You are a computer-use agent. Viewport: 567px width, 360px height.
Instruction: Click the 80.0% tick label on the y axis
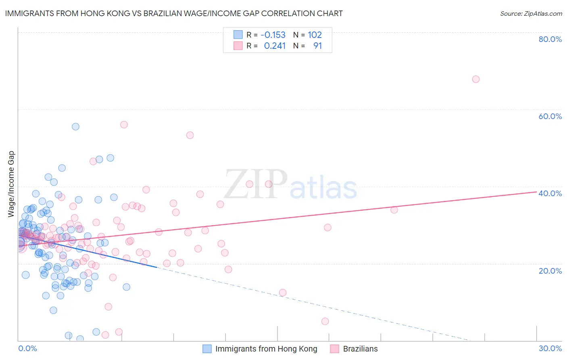pyautogui.click(x=550, y=39)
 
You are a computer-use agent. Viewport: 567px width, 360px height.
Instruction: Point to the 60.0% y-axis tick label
pyautogui.click(x=550, y=116)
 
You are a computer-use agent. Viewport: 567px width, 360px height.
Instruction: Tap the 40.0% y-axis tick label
pyautogui.click(x=550, y=193)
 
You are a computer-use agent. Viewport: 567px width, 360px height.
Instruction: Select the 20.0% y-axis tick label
pyautogui.click(x=550, y=271)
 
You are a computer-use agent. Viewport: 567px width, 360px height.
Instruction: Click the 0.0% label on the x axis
pyautogui.click(x=27, y=348)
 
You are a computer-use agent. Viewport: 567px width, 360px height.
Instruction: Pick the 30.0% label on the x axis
pyautogui.click(x=550, y=348)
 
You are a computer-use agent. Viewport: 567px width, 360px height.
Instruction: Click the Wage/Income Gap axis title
pyautogui.click(x=11, y=184)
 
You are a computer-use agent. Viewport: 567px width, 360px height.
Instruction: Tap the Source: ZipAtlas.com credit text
pyautogui.click(x=531, y=14)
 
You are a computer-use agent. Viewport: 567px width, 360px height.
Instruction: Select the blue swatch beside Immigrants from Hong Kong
pyautogui.click(x=207, y=349)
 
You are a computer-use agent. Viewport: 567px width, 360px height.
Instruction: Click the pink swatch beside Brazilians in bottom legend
pyautogui.click(x=334, y=349)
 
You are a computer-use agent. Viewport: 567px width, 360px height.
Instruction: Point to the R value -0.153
pyautogui.click(x=273, y=35)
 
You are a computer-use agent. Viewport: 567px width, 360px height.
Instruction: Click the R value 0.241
pyautogui.click(x=275, y=46)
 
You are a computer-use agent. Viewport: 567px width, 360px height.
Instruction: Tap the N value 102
pyautogui.click(x=315, y=35)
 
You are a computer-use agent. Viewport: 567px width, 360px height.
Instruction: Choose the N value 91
pyautogui.click(x=317, y=46)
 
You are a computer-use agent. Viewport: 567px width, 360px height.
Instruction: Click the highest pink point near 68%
pyautogui.click(x=475, y=79)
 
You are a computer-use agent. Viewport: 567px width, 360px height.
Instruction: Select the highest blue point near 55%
pyautogui.click(x=75, y=127)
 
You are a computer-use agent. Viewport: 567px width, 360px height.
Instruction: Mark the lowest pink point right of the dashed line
pyautogui.click(x=325, y=321)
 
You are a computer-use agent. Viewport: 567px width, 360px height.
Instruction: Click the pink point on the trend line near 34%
pyautogui.click(x=394, y=210)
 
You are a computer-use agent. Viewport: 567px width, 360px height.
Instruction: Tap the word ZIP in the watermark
pyautogui.click(x=256, y=185)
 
